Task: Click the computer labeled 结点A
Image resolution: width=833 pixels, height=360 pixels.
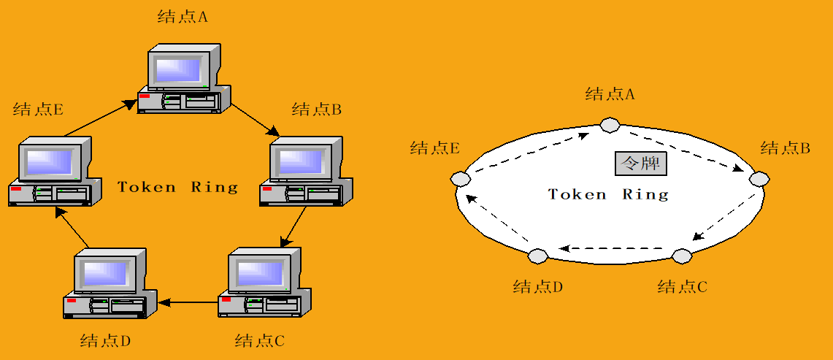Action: (184, 80)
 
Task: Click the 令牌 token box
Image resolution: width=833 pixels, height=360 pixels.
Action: (640, 164)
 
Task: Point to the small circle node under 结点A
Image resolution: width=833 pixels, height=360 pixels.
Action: (609, 125)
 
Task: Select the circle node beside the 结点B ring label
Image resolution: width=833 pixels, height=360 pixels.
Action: (759, 178)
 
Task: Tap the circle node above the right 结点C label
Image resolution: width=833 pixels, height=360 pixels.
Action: (681, 256)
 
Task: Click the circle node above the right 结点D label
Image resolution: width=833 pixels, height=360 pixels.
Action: (537, 256)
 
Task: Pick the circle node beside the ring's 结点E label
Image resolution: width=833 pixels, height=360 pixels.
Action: (459, 178)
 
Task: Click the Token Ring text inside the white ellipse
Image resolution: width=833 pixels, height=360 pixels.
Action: (608, 195)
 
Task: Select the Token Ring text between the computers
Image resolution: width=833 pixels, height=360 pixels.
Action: (178, 187)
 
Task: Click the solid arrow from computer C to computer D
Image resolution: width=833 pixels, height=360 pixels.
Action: (188, 301)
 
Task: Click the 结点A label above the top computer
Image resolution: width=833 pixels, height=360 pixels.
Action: (183, 17)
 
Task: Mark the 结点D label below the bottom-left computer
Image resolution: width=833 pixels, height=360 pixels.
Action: (105, 341)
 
